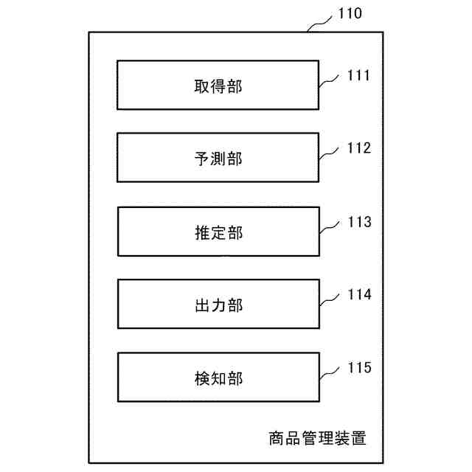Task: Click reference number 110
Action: pos(350,14)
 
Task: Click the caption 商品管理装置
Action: pos(317,439)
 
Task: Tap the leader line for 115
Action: pos(330,372)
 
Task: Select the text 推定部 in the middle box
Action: pos(218,233)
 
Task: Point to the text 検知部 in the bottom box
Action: pos(218,379)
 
